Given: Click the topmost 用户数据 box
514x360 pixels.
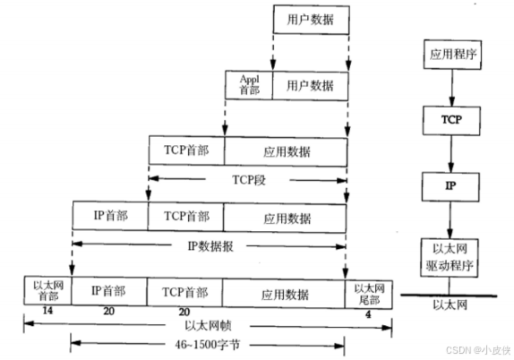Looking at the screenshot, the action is (x=311, y=20).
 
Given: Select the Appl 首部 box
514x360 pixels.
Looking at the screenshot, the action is (x=249, y=85).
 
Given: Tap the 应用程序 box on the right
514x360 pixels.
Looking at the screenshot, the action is (x=452, y=55).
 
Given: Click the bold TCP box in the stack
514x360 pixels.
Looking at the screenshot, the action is (x=451, y=120).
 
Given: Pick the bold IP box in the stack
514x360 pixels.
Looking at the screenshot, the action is (x=450, y=186).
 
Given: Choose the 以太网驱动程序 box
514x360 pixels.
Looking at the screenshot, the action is (x=450, y=258).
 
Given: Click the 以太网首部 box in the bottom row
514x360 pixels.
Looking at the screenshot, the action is (x=47, y=290).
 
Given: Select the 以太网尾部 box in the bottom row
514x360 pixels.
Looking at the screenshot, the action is (x=368, y=295).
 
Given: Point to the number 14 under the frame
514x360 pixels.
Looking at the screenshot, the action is (x=47, y=311).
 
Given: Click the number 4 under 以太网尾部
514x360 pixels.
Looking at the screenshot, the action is (x=368, y=314).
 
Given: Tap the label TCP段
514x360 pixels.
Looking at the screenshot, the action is (x=249, y=180).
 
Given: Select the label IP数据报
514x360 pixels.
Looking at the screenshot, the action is (x=210, y=246).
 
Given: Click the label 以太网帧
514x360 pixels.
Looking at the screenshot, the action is (x=208, y=326).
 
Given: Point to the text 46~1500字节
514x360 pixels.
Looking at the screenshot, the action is (x=207, y=344).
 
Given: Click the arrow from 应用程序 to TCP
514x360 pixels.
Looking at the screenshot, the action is (x=452, y=88).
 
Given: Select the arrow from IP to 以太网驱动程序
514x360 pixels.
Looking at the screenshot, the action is (x=450, y=220).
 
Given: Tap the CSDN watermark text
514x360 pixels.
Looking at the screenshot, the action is (x=478, y=350).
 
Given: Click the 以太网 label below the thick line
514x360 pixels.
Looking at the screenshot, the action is (x=450, y=305).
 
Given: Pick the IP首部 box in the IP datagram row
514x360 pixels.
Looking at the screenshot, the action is (x=110, y=216).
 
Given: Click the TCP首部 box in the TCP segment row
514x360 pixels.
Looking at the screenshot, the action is (x=187, y=150).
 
